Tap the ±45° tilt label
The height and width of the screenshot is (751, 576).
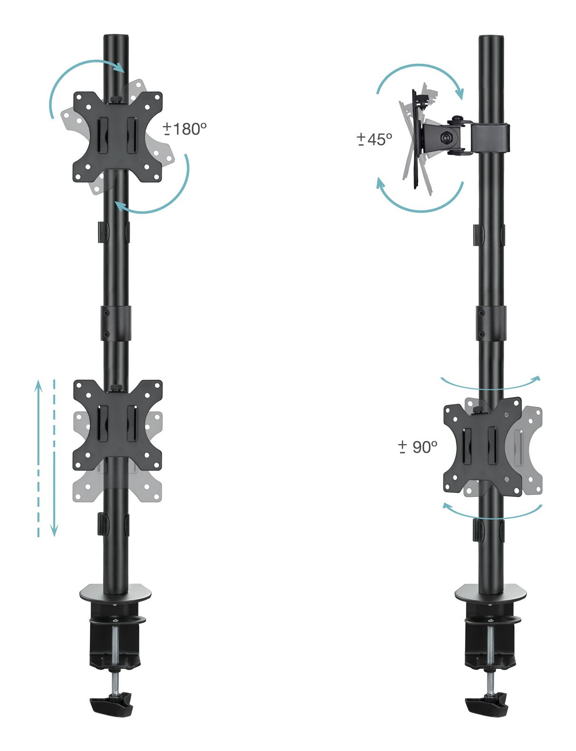[375, 139]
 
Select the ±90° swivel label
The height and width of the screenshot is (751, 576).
[417, 447]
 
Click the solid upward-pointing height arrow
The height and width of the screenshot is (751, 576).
[38, 457]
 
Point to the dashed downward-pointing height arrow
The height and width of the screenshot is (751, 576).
[54, 457]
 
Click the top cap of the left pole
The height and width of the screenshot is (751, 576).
[116, 38]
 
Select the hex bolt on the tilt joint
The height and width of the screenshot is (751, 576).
[447, 137]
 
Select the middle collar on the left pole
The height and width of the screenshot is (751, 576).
[116, 323]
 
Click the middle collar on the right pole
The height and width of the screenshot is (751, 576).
[491, 323]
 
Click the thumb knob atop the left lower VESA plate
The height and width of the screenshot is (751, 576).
[115, 388]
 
